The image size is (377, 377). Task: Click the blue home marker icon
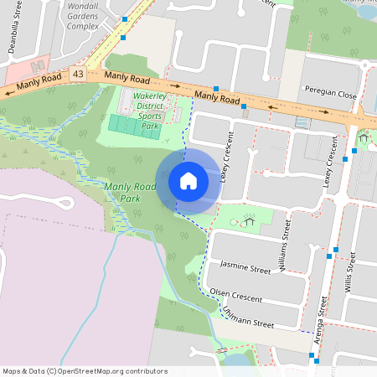tap(188, 181)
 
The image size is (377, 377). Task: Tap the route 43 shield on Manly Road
tap(78, 74)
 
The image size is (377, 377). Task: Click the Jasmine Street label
tap(245, 267)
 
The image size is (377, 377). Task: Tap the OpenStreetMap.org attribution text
tap(118, 371)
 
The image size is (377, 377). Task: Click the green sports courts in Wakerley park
tap(131, 127)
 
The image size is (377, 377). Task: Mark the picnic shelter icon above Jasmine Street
tap(249, 221)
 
